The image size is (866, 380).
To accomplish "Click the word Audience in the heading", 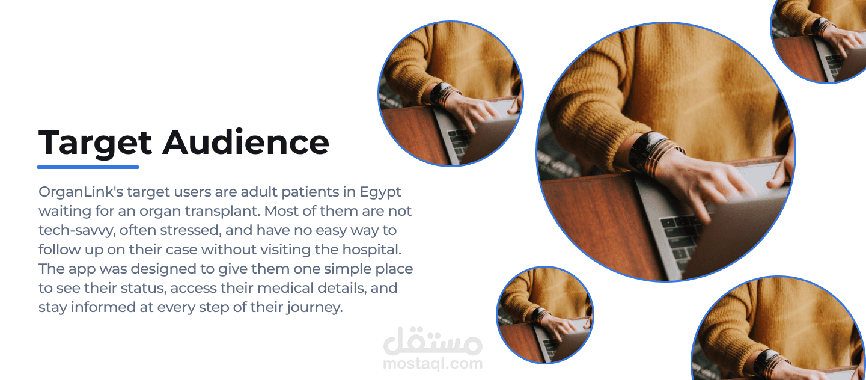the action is (246, 142).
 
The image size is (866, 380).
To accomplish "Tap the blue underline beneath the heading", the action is (88, 167).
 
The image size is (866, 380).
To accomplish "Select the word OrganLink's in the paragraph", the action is (82, 192).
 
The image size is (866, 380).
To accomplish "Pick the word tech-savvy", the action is (76, 231).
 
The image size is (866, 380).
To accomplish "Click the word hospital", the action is (372, 250).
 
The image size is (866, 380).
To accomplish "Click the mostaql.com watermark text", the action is (433, 364).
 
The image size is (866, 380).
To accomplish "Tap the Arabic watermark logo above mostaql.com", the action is (433, 342).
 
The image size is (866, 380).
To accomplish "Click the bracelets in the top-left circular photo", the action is (445, 94).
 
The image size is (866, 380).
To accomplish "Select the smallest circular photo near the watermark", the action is (545, 315).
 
